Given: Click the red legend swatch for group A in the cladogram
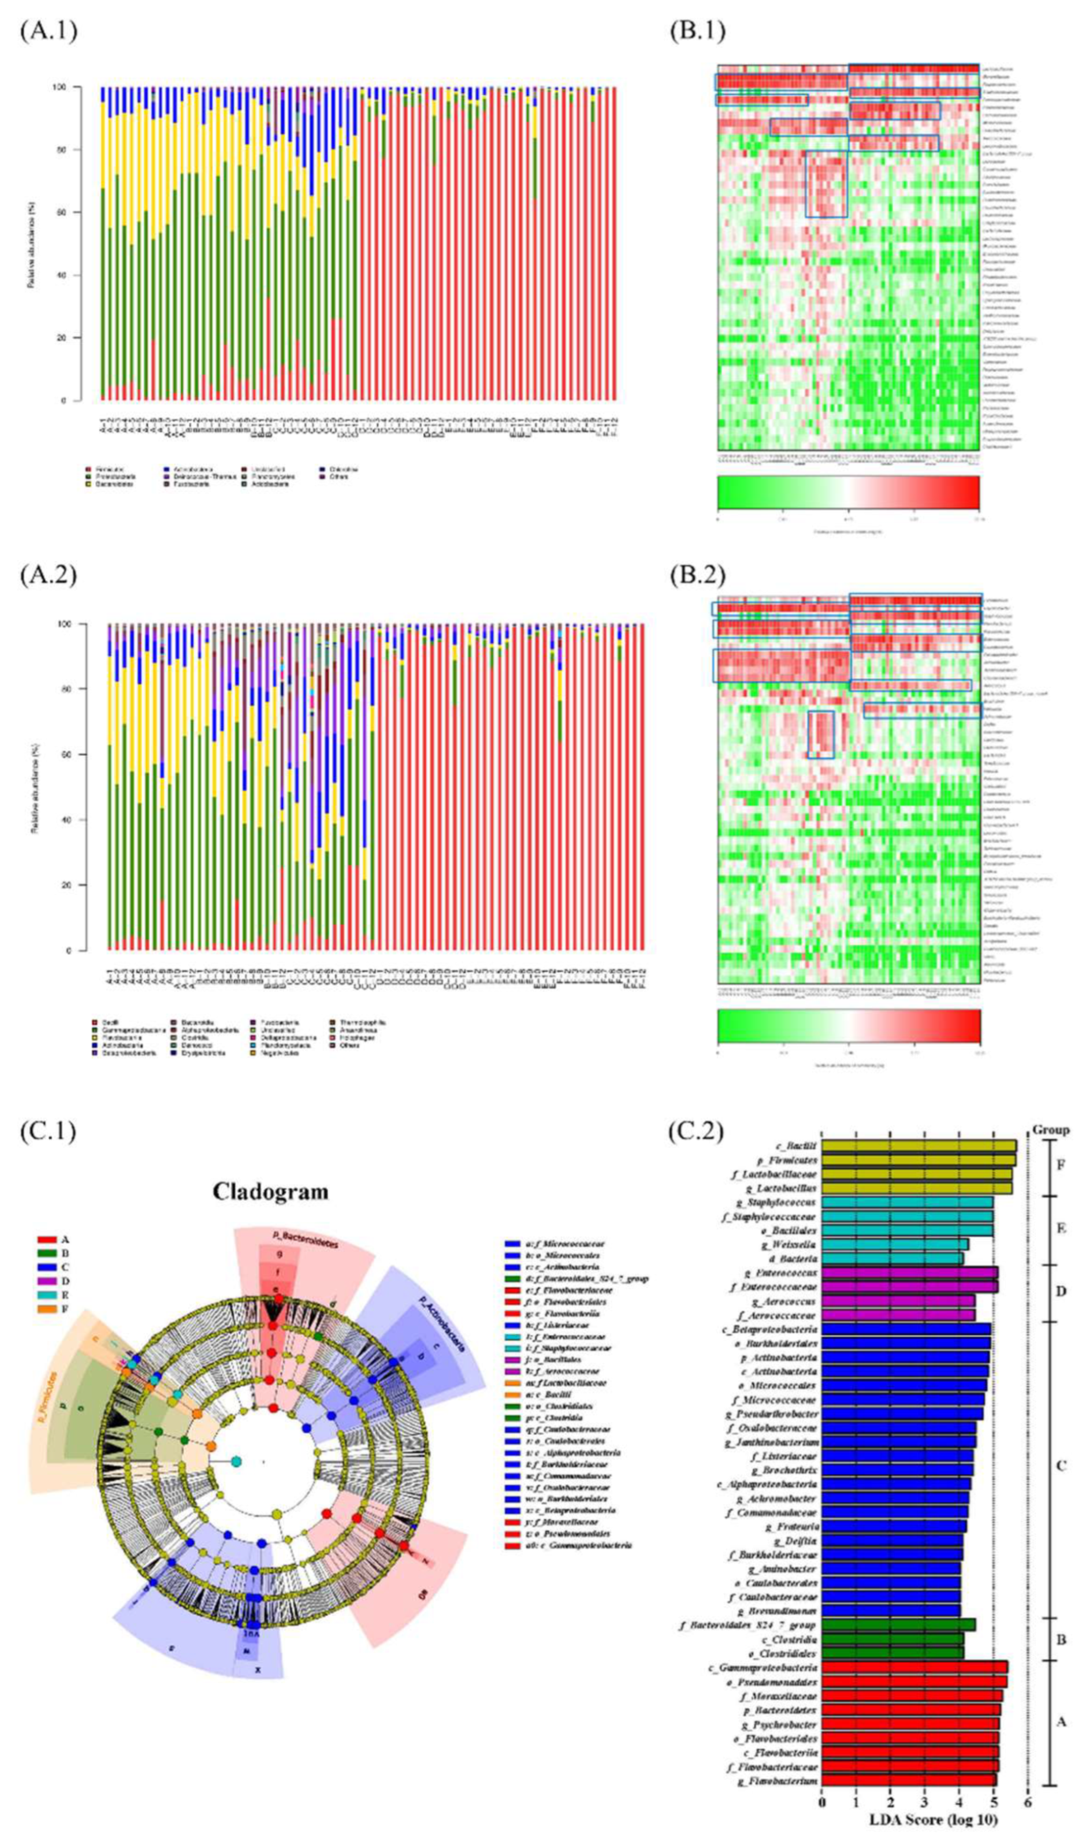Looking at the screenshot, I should coord(46,1240).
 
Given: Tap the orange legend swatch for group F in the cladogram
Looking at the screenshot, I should coord(46,1310).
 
